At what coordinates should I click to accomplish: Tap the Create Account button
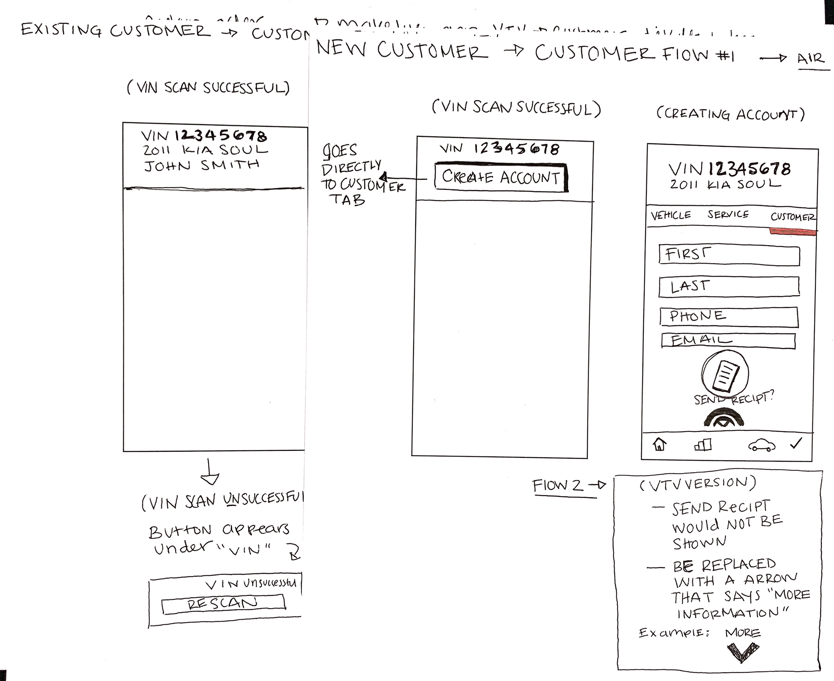[501, 177]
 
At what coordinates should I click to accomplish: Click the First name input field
[729, 255]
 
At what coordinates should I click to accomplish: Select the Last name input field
[729, 287]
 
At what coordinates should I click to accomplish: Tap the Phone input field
[729, 317]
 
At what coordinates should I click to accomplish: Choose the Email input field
[728, 341]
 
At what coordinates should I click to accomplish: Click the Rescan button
[223, 604]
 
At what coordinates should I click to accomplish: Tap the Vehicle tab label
[671, 215]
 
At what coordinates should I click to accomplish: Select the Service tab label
[728, 215]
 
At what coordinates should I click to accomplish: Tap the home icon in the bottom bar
[659, 444]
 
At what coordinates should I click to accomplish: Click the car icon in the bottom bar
[761, 445]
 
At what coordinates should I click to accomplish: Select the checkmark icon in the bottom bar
[796, 443]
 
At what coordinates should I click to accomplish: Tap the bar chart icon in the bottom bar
[703, 445]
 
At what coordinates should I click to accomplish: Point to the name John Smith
[202, 165]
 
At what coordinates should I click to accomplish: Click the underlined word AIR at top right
[811, 58]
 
